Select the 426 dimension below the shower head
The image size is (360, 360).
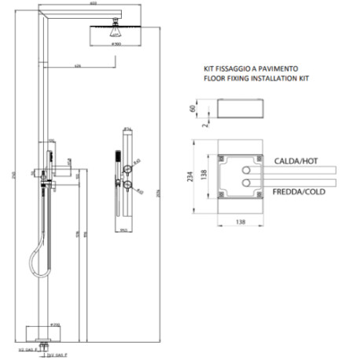[78, 65]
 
